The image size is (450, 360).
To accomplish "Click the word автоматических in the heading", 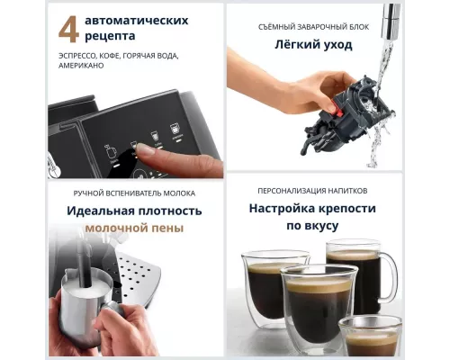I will click(x=136, y=19).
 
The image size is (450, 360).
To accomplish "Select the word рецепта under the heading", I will click(x=112, y=37).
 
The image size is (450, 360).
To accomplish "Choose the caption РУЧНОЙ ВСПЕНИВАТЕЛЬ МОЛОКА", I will click(x=134, y=193).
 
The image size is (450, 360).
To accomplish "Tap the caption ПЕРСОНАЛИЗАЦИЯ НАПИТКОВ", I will click(x=313, y=191).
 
